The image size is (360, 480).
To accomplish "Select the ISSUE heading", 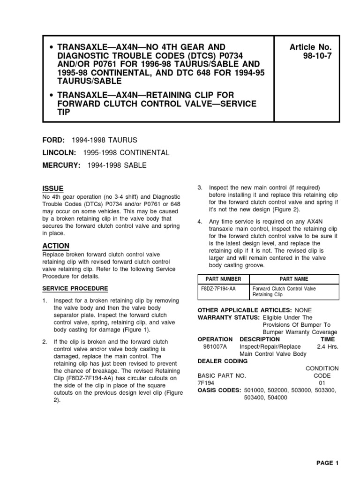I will pos(52,188).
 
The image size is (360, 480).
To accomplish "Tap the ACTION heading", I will pos(56,246).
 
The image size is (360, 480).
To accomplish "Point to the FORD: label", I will pos(54,141).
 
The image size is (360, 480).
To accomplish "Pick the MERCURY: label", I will pos(61,165).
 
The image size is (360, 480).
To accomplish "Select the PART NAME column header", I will pos(294,279).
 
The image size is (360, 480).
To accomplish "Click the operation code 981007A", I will pos(215,347).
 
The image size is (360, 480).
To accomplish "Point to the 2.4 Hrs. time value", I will pos(327,347).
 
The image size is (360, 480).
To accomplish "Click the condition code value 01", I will pos(322,383).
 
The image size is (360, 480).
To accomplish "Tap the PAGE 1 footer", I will pos(327,463).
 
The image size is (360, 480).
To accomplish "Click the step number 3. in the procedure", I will pos(200,188).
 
